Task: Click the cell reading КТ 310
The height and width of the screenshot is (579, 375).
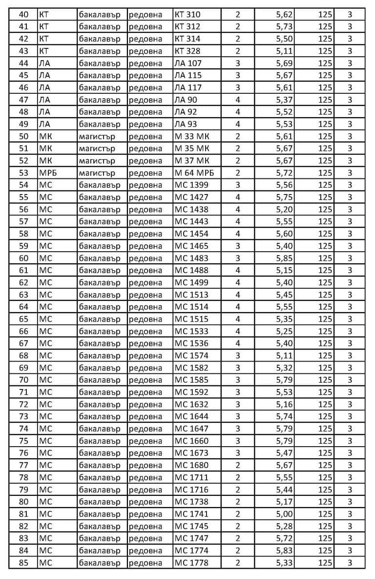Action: [x=187, y=15]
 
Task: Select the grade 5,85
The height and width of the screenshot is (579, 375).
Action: [x=284, y=258]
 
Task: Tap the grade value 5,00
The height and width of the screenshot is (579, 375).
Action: [x=284, y=514]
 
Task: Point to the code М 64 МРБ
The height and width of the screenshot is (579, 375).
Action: [x=194, y=173]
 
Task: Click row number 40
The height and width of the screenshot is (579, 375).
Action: [x=23, y=15]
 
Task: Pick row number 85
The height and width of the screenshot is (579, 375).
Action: [x=23, y=563]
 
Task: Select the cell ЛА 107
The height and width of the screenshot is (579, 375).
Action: [x=188, y=63]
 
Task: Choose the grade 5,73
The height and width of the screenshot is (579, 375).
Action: [x=284, y=26]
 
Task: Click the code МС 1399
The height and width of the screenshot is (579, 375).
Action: [x=191, y=185]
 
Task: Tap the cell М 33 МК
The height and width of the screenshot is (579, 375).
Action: [x=192, y=136]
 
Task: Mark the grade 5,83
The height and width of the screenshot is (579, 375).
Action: [x=284, y=551]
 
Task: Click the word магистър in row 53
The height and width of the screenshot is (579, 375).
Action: [x=97, y=173]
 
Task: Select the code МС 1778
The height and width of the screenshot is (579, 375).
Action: [x=191, y=563]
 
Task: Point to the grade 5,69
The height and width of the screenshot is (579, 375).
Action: [x=284, y=63]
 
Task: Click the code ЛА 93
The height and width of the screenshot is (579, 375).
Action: [x=186, y=124]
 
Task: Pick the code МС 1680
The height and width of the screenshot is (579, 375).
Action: [x=191, y=465]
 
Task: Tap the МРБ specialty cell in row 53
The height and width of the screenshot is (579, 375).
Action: [x=48, y=173]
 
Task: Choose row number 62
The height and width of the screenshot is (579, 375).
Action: [x=23, y=282]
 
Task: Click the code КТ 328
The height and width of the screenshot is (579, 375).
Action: [x=187, y=51]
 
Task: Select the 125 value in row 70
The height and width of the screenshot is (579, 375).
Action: [x=325, y=380]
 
